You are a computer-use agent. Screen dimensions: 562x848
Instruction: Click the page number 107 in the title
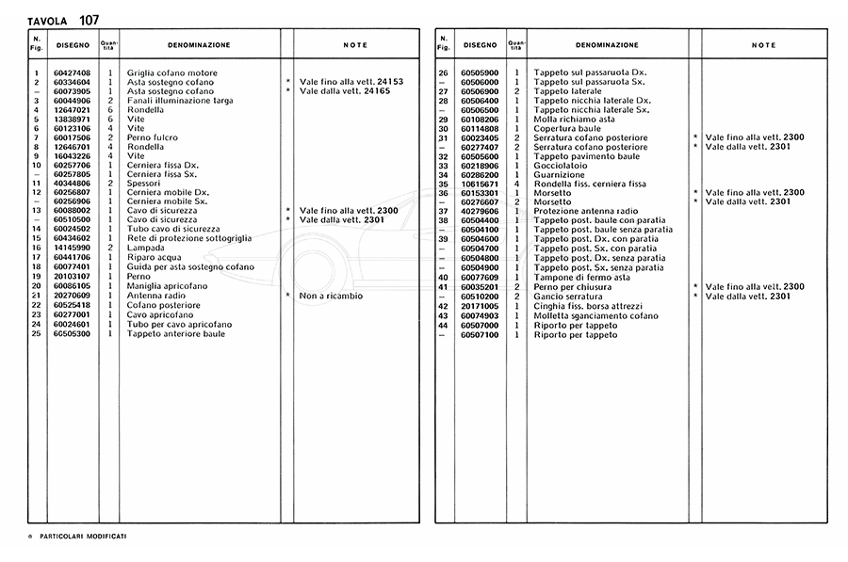[x=83, y=19]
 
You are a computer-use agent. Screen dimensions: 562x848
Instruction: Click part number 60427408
[x=72, y=72]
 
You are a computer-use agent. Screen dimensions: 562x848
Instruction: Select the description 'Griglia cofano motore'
[x=172, y=72]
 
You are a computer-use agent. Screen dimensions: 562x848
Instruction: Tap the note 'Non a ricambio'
[x=331, y=296]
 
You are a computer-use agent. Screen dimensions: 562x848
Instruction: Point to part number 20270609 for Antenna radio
[x=72, y=296]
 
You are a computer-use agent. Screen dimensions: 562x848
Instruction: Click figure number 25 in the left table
[x=36, y=333]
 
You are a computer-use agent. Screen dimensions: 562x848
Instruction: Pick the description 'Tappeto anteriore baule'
[x=176, y=333]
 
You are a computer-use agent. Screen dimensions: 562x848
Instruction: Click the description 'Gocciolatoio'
[x=561, y=166]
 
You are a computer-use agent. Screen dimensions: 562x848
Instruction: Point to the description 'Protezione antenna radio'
[x=584, y=212]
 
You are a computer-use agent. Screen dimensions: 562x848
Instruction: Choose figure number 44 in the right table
[x=443, y=324]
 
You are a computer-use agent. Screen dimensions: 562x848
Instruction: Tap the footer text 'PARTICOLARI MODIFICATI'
[x=83, y=536]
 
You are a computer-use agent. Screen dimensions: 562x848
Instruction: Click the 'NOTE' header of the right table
[x=764, y=45]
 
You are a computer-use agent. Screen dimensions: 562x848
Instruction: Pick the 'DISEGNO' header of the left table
[x=73, y=45]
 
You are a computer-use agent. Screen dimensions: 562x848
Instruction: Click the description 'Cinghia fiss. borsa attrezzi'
[x=588, y=305]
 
